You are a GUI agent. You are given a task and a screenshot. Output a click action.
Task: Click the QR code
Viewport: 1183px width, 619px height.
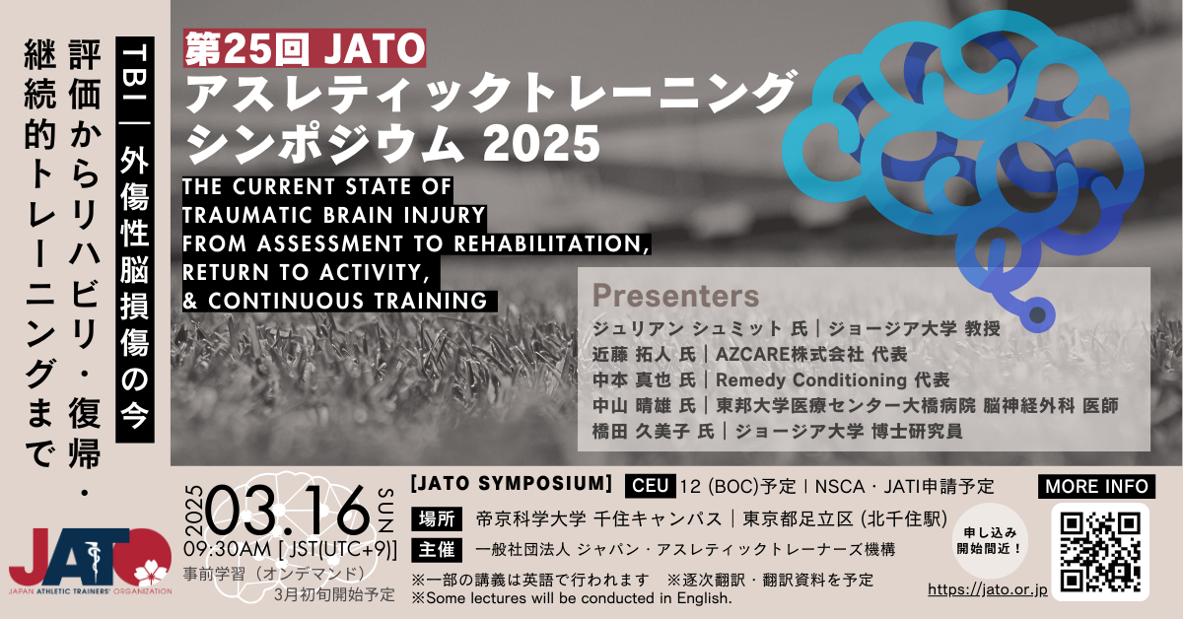[1100, 552]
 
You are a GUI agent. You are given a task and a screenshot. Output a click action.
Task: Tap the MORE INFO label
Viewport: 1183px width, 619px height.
[1096, 487]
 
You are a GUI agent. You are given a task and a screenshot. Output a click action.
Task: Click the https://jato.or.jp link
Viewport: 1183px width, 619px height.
[988, 589]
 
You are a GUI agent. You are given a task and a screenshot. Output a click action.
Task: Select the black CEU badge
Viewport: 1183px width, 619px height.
[650, 485]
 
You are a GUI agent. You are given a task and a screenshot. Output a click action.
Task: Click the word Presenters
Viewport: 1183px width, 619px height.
[675, 296]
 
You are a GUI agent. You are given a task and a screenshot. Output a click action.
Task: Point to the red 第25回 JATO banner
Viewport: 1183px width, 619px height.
[305, 48]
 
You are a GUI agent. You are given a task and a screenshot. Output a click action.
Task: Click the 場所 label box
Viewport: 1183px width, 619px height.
[437, 519]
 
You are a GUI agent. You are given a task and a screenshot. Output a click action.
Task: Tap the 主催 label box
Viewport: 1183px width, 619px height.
[437, 550]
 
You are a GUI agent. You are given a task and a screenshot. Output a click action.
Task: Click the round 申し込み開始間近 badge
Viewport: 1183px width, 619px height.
[989, 541]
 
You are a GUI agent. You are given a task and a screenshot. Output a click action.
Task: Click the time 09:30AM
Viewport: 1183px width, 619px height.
[227, 550]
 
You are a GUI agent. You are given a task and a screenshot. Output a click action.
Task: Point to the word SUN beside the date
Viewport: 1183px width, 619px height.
[385, 511]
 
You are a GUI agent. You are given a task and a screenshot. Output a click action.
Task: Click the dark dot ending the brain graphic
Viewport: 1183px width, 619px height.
[1037, 315]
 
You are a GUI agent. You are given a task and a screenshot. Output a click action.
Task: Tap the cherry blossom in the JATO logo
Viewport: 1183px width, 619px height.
[151, 574]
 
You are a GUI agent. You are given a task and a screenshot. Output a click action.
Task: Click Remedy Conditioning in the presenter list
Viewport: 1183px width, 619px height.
[811, 380]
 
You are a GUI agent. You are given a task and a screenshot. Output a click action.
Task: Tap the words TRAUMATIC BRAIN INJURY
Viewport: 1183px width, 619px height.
[334, 216]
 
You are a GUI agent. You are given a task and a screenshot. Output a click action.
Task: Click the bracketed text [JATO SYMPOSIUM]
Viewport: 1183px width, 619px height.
[512, 484]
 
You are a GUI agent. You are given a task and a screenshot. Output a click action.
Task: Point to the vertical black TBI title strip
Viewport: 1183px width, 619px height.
[135, 240]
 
